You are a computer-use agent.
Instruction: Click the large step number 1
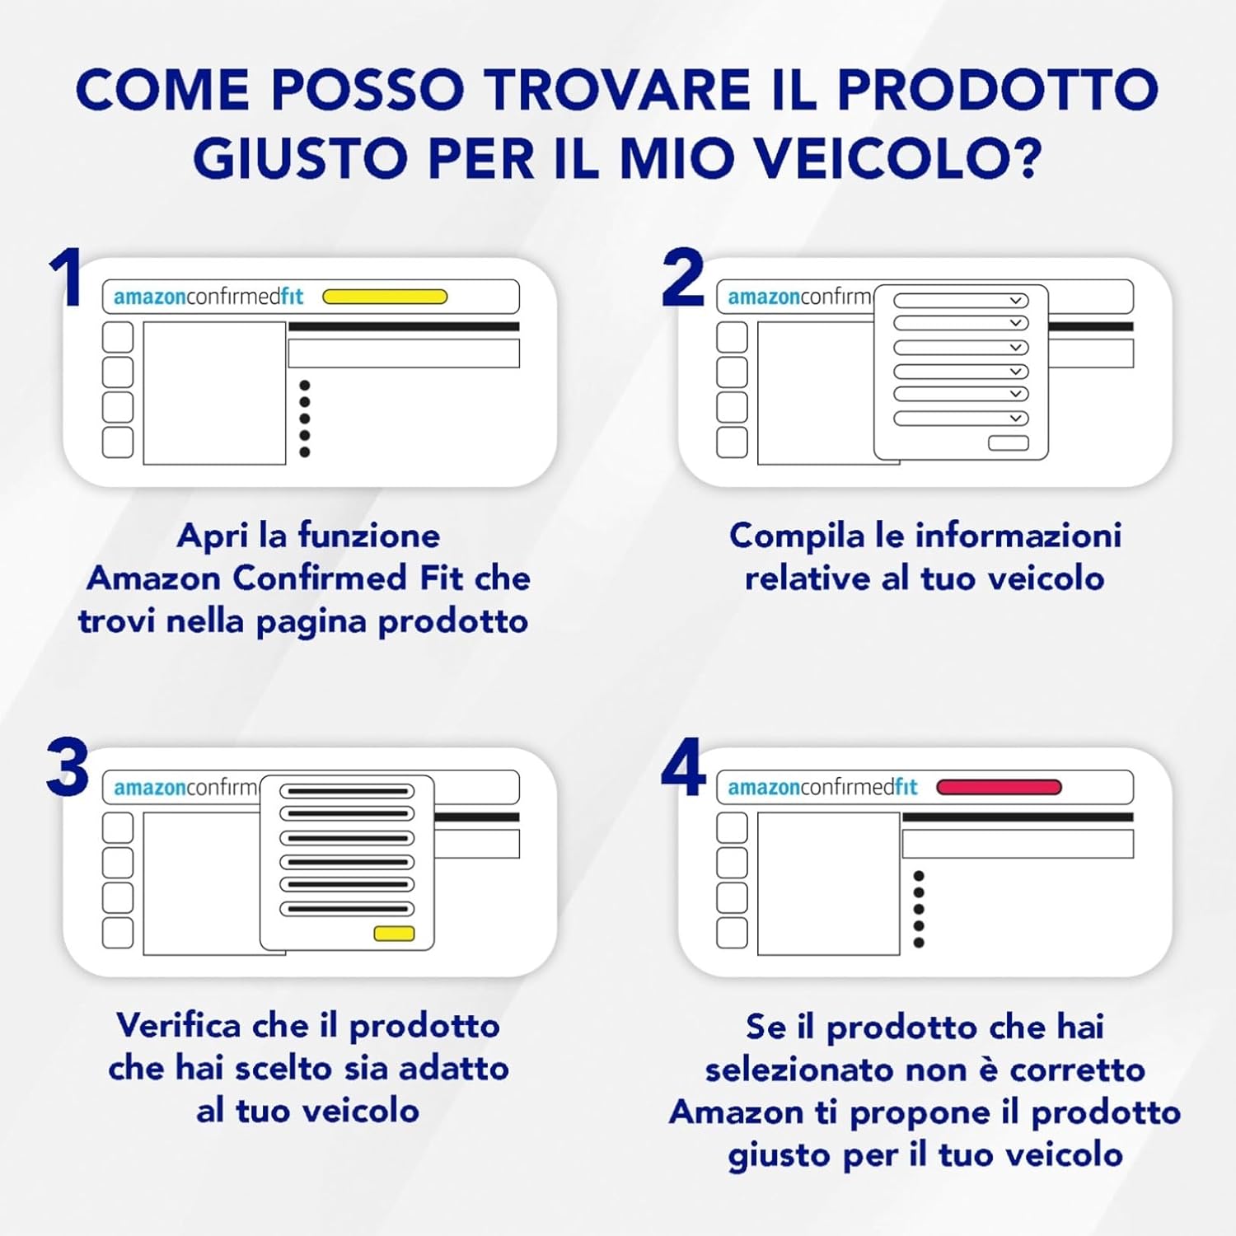click(x=66, y=277)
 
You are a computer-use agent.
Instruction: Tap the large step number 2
click(x=683, y=277)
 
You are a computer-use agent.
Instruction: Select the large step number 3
click(x=68, y=767)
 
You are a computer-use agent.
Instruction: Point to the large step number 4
click(x=684, y=767)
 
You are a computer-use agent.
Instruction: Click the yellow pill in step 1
click(x=385, y=297)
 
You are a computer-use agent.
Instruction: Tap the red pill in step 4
click(x=999, y=787)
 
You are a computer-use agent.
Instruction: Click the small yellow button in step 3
click(x=394, y=934)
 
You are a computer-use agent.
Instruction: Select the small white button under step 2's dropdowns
click(x=1009, y=443)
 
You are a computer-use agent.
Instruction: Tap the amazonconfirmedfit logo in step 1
click(x=208, y=297)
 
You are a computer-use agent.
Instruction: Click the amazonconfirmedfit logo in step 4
click(x=822, y=787)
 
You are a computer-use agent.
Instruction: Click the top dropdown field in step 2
click(x=961, y=301)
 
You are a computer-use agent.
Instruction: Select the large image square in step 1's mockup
click(x=214, y=393)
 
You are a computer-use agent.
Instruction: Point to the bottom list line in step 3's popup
click(x=347, y=909)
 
